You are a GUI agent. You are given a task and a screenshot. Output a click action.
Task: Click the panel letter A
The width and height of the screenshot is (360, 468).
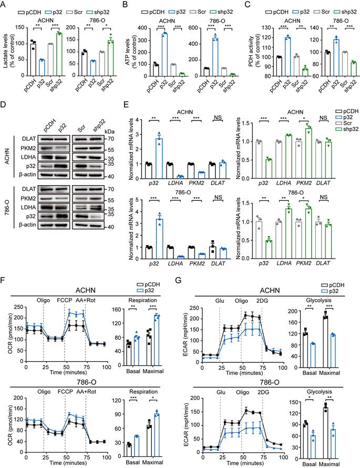(5, 5)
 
